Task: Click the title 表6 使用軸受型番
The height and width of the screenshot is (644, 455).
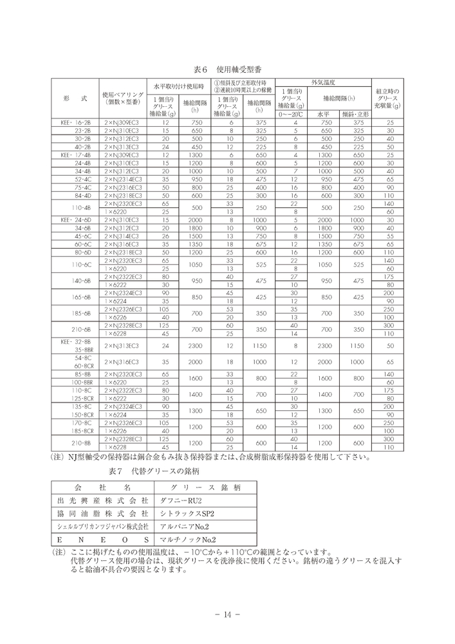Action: pos(227,68)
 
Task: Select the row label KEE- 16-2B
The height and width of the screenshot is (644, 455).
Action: pos(76,122)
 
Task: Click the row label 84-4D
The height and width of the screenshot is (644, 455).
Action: pos(82,195)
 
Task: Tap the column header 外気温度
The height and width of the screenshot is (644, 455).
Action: pos(324,83)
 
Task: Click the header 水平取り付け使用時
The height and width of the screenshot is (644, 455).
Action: pos(179,86)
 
